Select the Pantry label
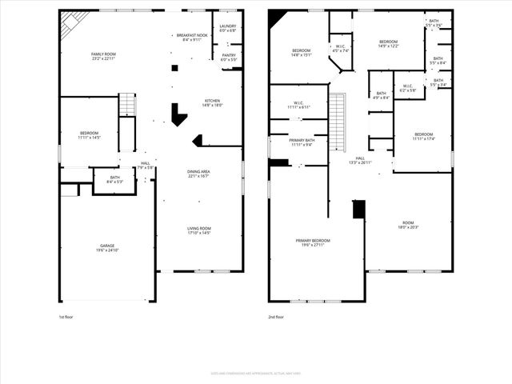tap(229, 58)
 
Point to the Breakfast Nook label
tap(192, 38)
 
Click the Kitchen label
tap(213, 102)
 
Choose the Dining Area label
tap(198, 174)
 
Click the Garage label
tap(107, 248)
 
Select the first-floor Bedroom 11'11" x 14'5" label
tap(89, 135)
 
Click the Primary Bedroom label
tap(313, 242)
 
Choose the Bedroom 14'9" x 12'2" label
tap(388, 44)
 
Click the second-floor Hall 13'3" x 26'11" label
tap(360, 161)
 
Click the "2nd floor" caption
tap(276, 317)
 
